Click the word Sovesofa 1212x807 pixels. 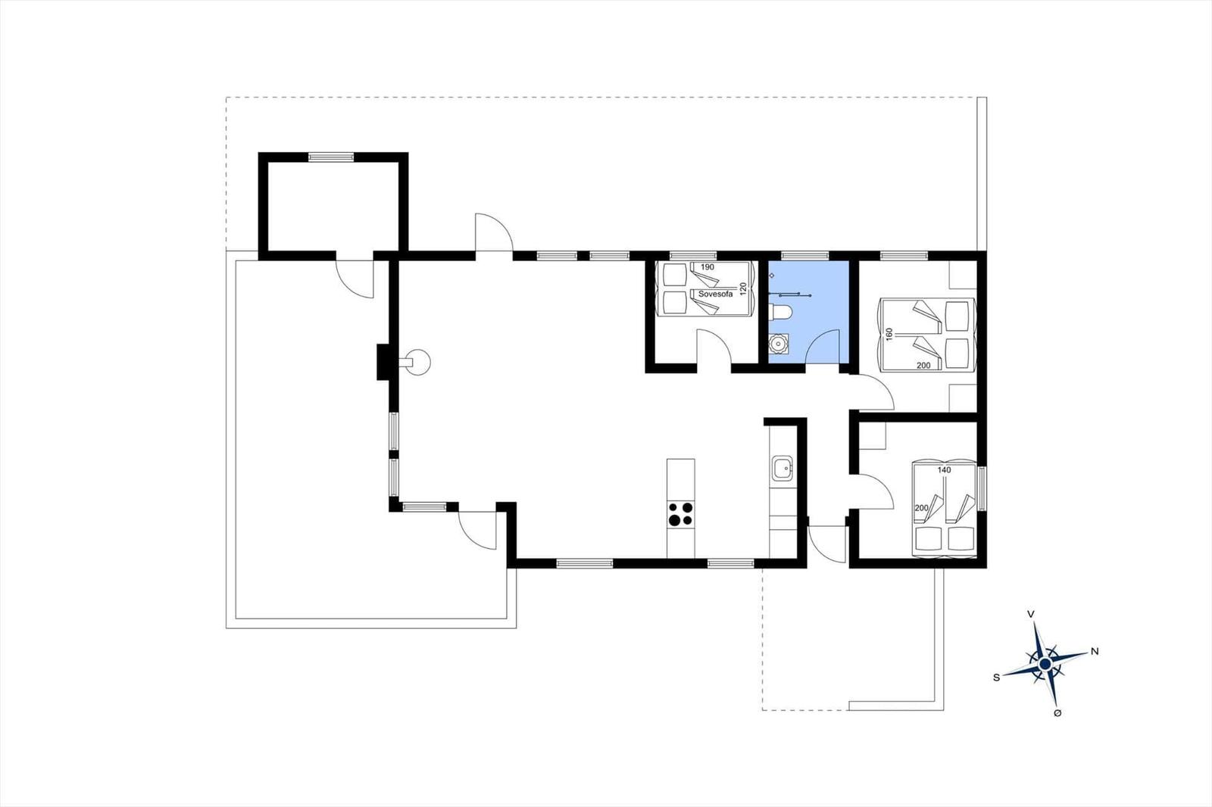point(715,294)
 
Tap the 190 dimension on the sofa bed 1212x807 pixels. point(708,267)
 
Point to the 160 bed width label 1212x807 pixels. point(889,334)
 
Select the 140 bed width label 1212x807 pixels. point(944,470)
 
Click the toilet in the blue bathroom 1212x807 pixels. point(781,313)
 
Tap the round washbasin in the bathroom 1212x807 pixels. point(779,344)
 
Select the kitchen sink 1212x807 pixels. point(782,468)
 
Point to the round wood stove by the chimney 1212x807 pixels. point(417,363)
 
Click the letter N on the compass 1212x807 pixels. point(1095,652)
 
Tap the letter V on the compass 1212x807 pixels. point(1031,614)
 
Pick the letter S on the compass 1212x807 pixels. point(996,678)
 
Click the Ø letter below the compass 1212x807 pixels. point(1057,713)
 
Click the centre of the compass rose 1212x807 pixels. point(1045,664)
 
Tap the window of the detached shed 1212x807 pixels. point(331,157)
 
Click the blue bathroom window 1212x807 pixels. point(805,256)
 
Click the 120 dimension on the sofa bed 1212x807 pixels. point(743,288)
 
